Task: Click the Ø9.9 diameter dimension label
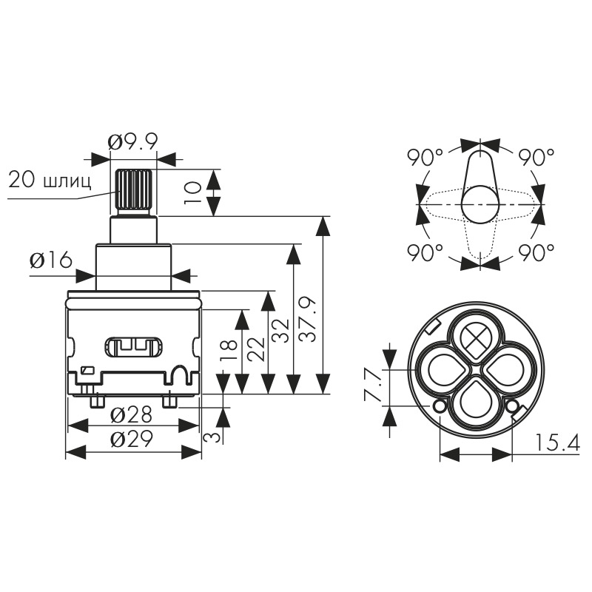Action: pos(132,142)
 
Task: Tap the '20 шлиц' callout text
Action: pos(50,180)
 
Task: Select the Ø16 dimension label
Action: pos(51,260)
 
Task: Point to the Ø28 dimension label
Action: pos(131,415)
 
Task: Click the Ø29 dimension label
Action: pos(132,439)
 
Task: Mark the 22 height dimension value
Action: pos(256,349)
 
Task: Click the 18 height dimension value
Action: pos(229,350)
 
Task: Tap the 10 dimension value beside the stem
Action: pos(193,192)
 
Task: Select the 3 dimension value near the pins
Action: pos(212,437)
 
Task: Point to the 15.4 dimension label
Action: pos(557,443)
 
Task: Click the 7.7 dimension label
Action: pos(373,385)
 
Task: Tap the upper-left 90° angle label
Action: pos(425,158)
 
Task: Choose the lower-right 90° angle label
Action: pos(536,252)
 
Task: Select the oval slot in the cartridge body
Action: pos(134,347)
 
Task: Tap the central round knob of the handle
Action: pos(480,205)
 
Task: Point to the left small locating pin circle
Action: pos(440,406)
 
